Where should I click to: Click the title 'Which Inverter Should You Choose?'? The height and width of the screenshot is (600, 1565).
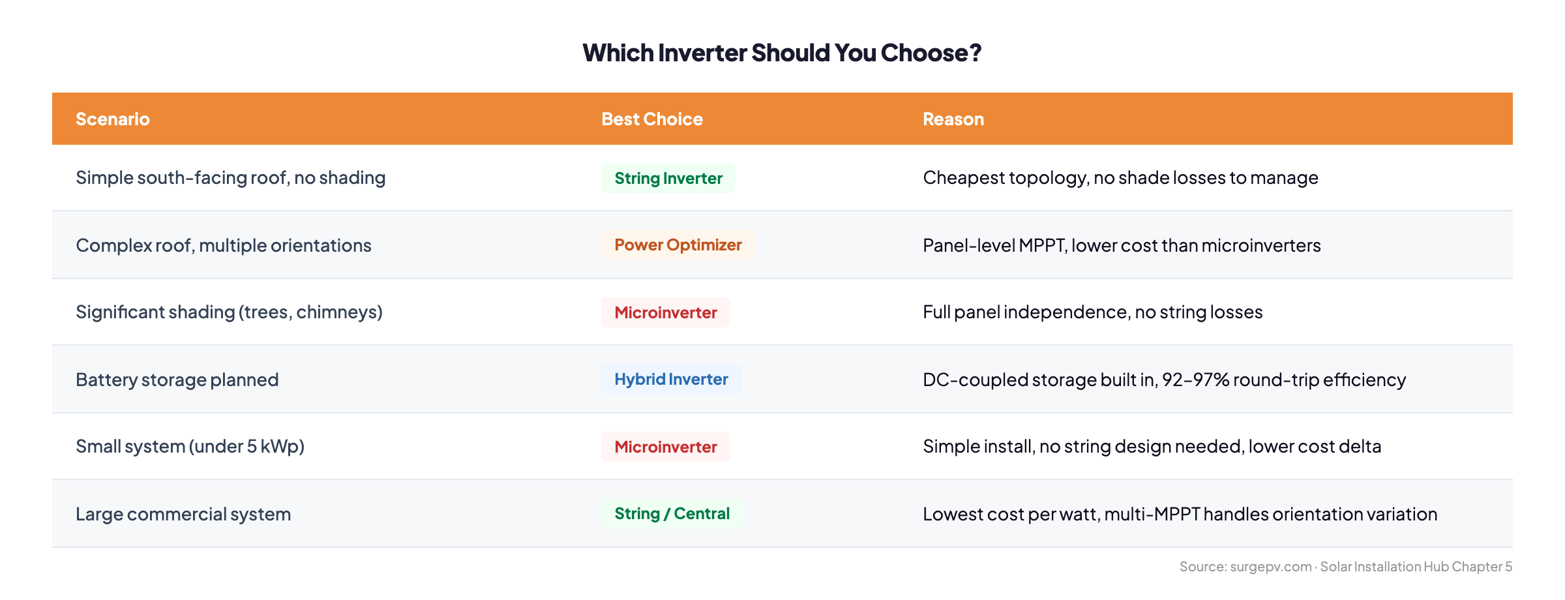[x=782, y=53]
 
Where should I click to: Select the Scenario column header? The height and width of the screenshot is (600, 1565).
[x=113, y=119]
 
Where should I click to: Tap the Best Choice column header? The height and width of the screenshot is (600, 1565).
[x=652, y=119]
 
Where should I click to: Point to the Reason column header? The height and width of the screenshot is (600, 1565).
[x=953, y=119]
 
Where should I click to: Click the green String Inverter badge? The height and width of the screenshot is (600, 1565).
[x=668, y=179]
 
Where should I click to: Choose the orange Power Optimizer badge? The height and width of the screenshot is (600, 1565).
[x=678, y=245]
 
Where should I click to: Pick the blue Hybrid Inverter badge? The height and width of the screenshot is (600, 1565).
[x=671, y=380]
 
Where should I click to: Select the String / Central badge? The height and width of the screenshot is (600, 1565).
[x=672, y=514]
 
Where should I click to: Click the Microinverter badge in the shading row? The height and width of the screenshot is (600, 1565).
[x=666, y=313]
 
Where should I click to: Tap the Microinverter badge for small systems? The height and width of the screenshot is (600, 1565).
[x=666, y=447]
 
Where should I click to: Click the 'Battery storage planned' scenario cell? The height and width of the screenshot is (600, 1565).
[x=177, y=380]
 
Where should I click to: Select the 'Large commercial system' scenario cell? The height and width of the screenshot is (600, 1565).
[x=183, y=515]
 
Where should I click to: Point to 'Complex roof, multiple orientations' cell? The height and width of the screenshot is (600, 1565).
[x=224, y=246]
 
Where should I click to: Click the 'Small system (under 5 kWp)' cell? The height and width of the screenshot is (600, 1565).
[x=190, y=447]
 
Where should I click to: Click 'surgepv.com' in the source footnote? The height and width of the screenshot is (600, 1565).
[x=1271, y=567]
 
